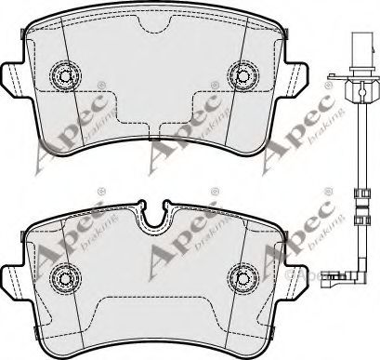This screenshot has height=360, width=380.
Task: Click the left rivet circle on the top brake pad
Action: (x=65, y=75)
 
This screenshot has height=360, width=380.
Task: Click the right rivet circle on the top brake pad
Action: (x=243, y=75)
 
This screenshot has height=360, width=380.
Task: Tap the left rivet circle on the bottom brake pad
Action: (x=65, y=279)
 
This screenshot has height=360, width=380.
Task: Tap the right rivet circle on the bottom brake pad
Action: (x=243, y=279)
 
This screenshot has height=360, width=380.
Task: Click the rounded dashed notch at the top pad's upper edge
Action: (x=154, y=24)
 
